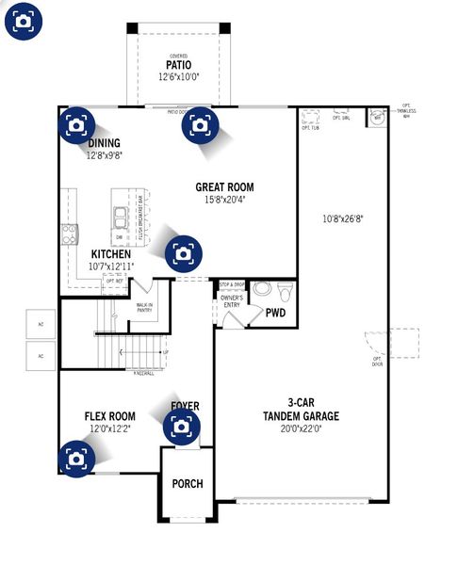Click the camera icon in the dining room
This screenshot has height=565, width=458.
(76, 123)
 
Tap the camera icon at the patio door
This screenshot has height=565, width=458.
(200, 123)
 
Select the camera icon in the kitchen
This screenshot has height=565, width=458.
(183, 252)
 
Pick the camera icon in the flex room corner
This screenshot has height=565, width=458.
(76, 459)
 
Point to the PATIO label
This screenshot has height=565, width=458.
(178, 66)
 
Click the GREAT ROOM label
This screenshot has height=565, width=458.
(224, 187)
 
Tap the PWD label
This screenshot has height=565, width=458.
(275, 312)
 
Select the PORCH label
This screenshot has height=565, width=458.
(187, 484)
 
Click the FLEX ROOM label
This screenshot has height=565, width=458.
(109, 416)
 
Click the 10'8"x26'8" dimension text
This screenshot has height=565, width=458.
(343, 218)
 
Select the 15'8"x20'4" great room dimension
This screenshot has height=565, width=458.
(224, 200)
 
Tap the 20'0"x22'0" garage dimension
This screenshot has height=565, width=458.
(301, 428)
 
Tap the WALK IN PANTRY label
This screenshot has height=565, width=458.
(144, 308)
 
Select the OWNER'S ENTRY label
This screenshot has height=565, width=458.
(232, 302)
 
